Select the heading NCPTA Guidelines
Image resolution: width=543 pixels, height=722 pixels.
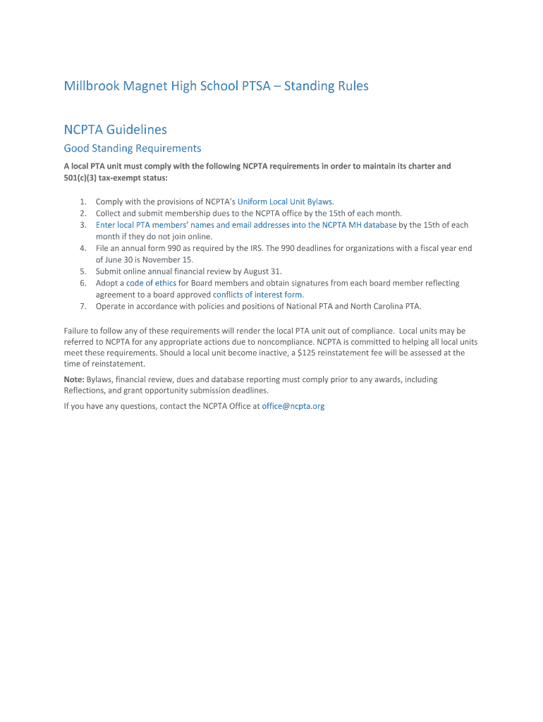[x=115, y=130]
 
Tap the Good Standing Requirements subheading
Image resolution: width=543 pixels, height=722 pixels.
[x=133, y=148]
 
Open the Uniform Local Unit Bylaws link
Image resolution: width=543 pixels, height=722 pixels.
[x=284, y=202]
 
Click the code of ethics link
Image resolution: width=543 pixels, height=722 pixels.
[x=151, y=283]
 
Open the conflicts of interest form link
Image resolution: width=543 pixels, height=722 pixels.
[x=257, y=295]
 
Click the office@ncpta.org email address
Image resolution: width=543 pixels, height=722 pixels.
[x=293, y=406]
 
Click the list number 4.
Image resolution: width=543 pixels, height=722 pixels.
[x=83, y=248]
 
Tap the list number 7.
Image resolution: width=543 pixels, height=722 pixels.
[x=83, y=306]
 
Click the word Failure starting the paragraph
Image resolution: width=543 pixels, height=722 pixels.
[x=78, y=330]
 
